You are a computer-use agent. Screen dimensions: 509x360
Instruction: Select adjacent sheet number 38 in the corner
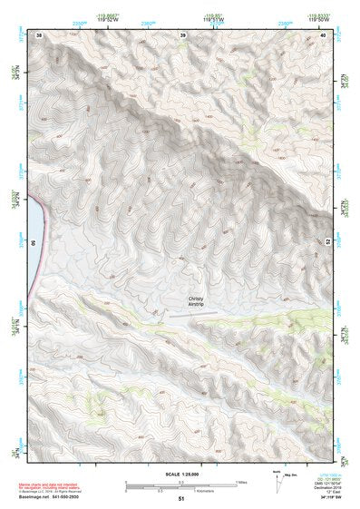38,35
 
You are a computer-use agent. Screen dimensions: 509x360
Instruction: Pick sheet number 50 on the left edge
33,243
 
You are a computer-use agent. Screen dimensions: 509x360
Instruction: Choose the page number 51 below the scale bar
181,498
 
